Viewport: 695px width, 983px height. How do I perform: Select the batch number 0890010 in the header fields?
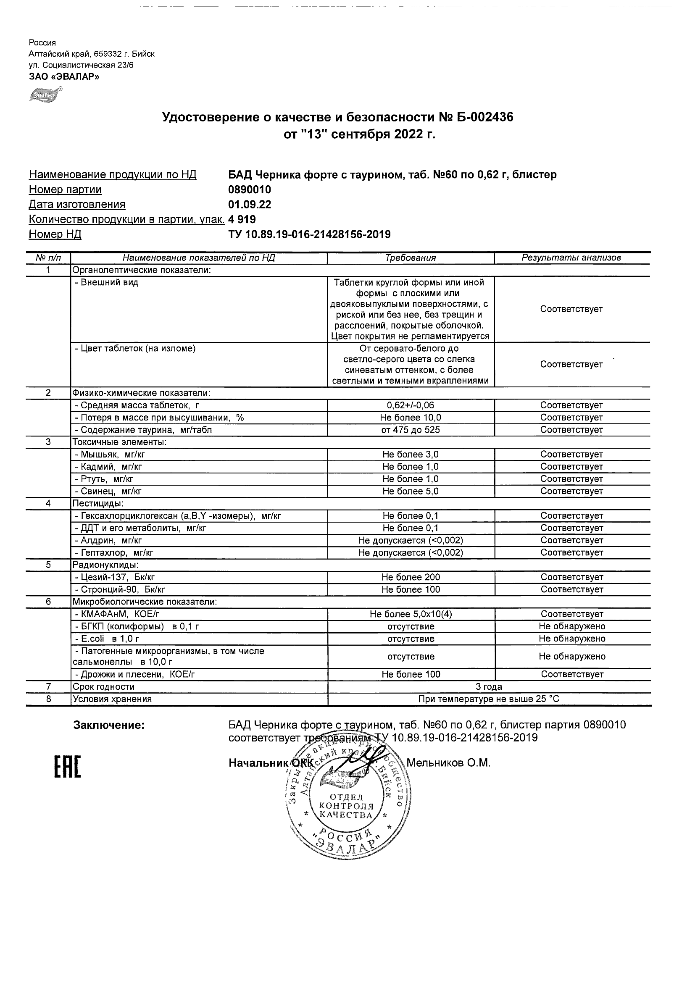[x=250, y=189]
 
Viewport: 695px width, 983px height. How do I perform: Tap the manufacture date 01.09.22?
[x=250, y=204]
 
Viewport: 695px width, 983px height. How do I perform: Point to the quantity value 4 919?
[x=242, y=219]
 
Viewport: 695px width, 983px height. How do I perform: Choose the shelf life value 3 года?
[x=489, y=687]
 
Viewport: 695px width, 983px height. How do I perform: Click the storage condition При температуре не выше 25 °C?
[x=489, y=699]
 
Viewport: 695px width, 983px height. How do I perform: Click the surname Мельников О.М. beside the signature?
[x=448, y=762]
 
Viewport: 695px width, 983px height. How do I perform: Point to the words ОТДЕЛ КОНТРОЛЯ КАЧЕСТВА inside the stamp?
[x=346, y=806]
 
